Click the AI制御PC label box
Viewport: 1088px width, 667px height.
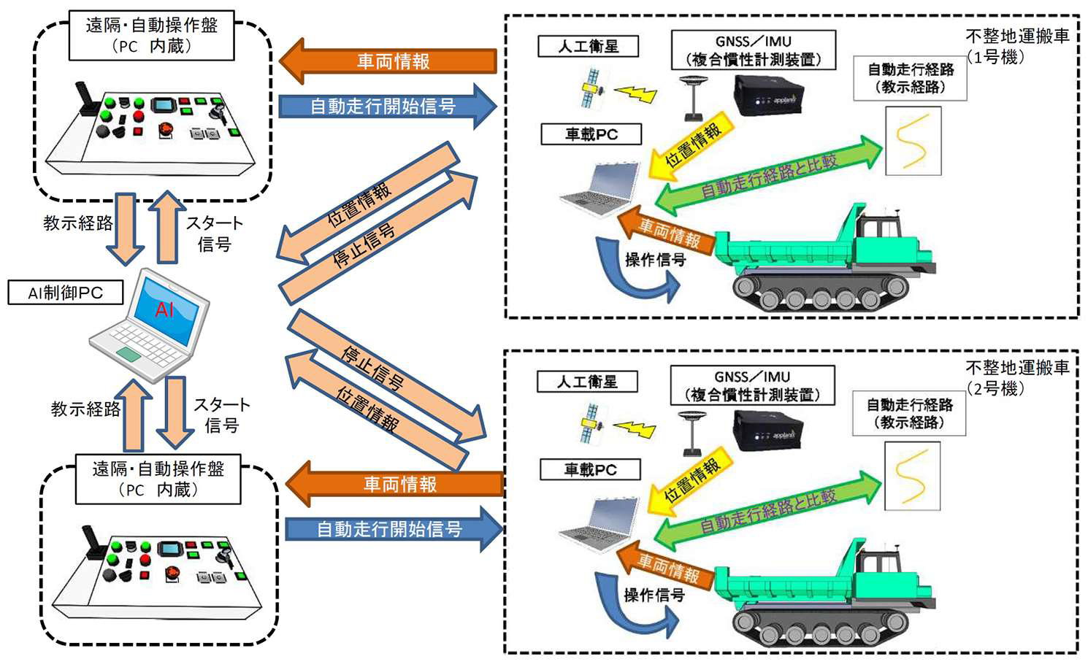[x=65, y=293]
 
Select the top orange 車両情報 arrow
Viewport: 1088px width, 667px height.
[x=388, y=61]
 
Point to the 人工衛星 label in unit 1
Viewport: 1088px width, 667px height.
[x=588, y=47]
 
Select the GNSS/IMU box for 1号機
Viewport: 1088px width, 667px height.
[x=753, y=50]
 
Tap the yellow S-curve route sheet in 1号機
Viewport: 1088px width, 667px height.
[x=913, y=141]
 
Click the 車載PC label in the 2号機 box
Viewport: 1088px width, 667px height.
[x=590, y=470]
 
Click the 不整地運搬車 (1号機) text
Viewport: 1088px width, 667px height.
[x=1016, y=46]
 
